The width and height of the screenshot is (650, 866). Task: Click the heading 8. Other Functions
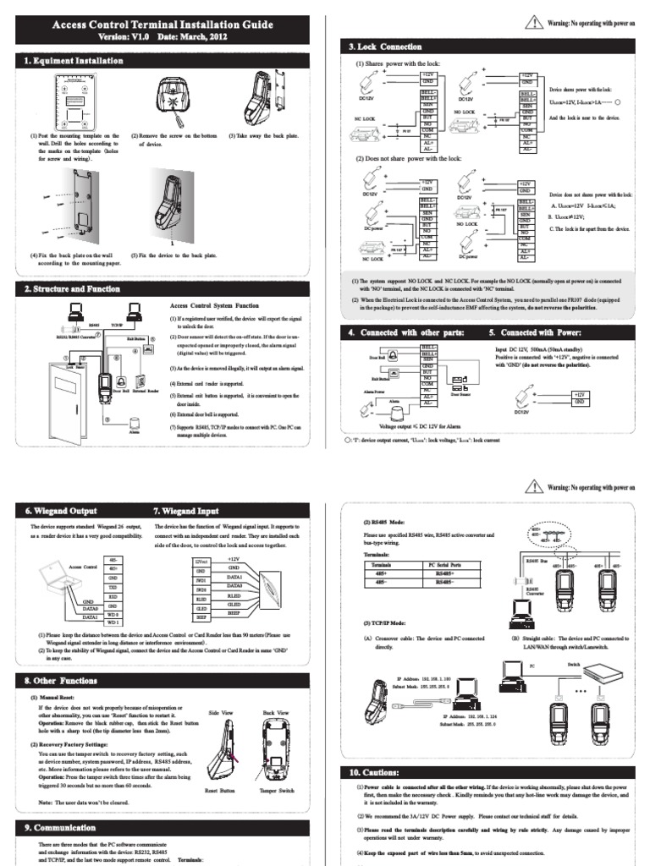coord(67,681)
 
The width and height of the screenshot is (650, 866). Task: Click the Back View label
coord(277,713)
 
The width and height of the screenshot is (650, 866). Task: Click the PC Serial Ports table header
coord(449,563)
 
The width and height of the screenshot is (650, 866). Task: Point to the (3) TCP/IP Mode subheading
coord(383,622)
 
